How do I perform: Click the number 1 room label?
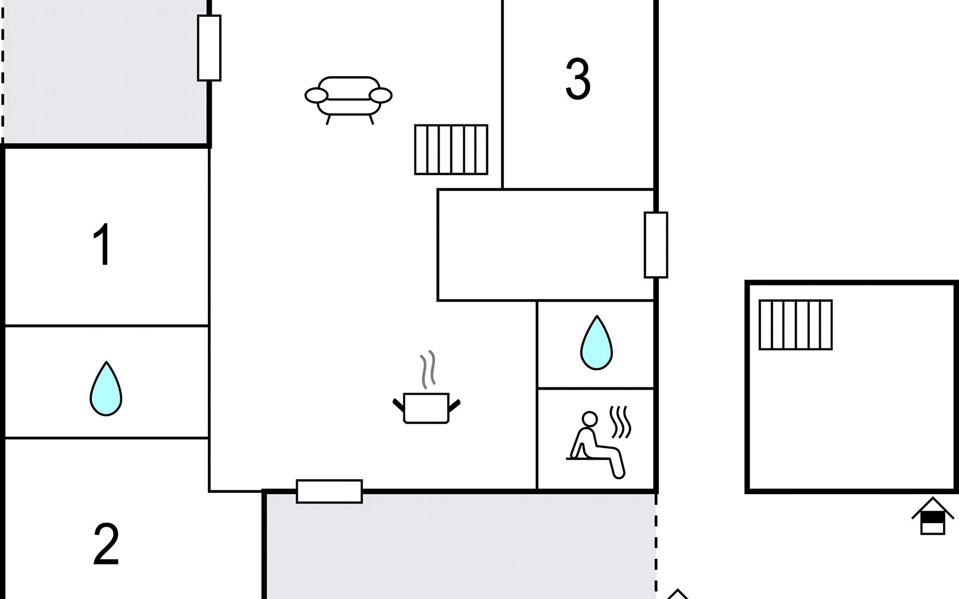pyautogui.click(x=103, y=244)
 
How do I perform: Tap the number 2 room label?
pyautogui.click(x=106, y=544)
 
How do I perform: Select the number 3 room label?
pyautogui.click(x=578, y=79)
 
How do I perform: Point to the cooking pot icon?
pyautogui.click(x=426, y=407)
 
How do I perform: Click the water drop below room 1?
pyautogui.click(x=106, y=388)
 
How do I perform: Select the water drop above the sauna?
pyautogui.click(x=596, y=342)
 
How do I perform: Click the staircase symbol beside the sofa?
pyautogui.click(x=451, y=149)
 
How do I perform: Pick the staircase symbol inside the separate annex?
pyautogui.click(x=796, y=324)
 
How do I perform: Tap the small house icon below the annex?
pyautogui.click(x=933, y=516)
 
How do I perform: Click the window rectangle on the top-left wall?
pyautogui.click(x=209, y=48)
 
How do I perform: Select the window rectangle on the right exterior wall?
pyautogui.click(x=656, y=245)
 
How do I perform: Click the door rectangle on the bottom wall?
pyautogui.click(x=329, y=491)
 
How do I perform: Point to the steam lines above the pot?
pyautogui.click(x=428, y=369)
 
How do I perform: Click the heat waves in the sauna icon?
pyautogui.click(x=621, y=422)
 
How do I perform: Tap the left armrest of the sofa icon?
pyautogui.click(x=316, y=95)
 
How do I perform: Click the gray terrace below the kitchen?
pyautogui.click(x=460, y=547)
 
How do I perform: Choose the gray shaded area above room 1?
pyautogui.click(x=105, y=72)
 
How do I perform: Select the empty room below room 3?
pyautogui.click(x=545, y=245)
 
